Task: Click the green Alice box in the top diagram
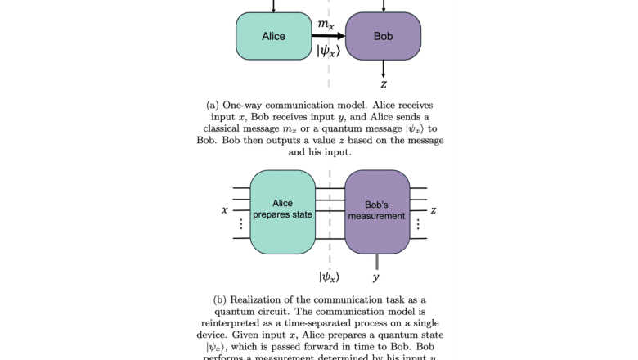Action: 273,37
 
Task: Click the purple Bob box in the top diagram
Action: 383,37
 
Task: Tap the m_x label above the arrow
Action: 326,25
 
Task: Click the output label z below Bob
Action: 383,83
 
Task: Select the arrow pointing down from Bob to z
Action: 383,69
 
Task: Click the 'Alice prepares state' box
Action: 282,210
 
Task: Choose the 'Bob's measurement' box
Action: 377,210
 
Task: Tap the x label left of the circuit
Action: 224,210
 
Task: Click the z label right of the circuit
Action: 434,210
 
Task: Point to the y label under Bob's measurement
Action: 377,277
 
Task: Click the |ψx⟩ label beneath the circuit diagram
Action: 328,277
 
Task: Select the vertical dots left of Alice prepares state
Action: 240,223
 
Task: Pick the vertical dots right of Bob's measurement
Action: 418,223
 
